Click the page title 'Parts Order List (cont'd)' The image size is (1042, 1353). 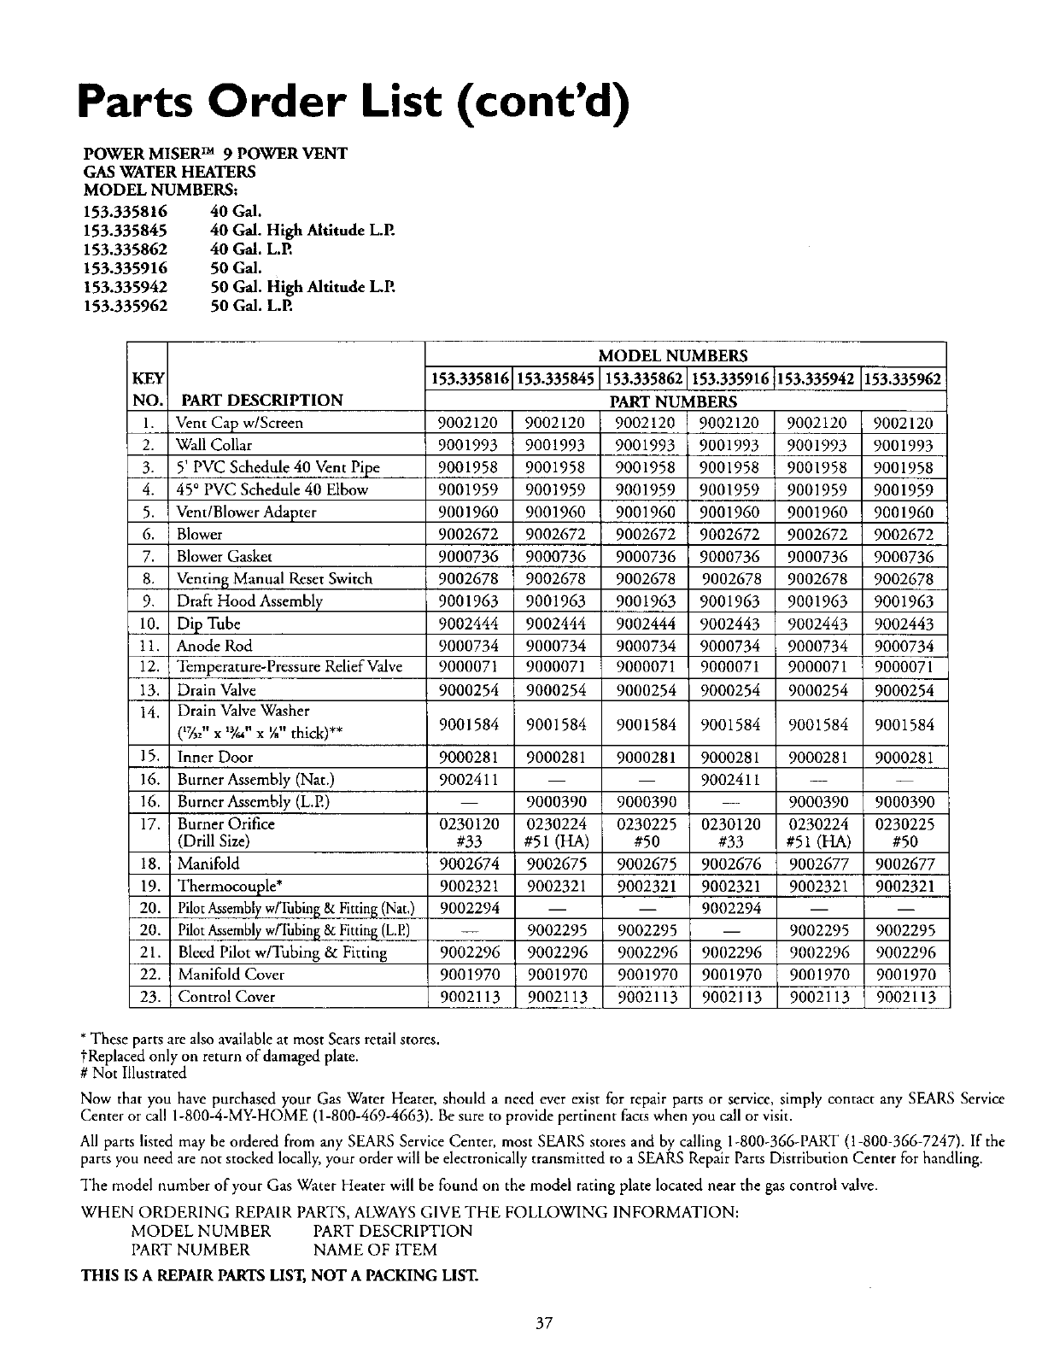[354, 102]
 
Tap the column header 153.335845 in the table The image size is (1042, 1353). [556, 378]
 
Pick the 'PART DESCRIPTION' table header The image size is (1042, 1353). [260, 400]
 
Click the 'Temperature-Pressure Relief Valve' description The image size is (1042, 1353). [290, 667]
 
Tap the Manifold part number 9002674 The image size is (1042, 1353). [468, 864]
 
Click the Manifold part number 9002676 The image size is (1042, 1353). [731, 864]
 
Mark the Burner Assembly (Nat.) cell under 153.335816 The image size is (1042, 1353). [468, 780]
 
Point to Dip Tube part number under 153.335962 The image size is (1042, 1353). [904, 624]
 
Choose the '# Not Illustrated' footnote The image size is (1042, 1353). [132, 1073]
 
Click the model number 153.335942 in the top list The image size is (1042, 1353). [125, 287]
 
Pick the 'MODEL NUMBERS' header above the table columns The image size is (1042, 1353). [685, 355]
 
